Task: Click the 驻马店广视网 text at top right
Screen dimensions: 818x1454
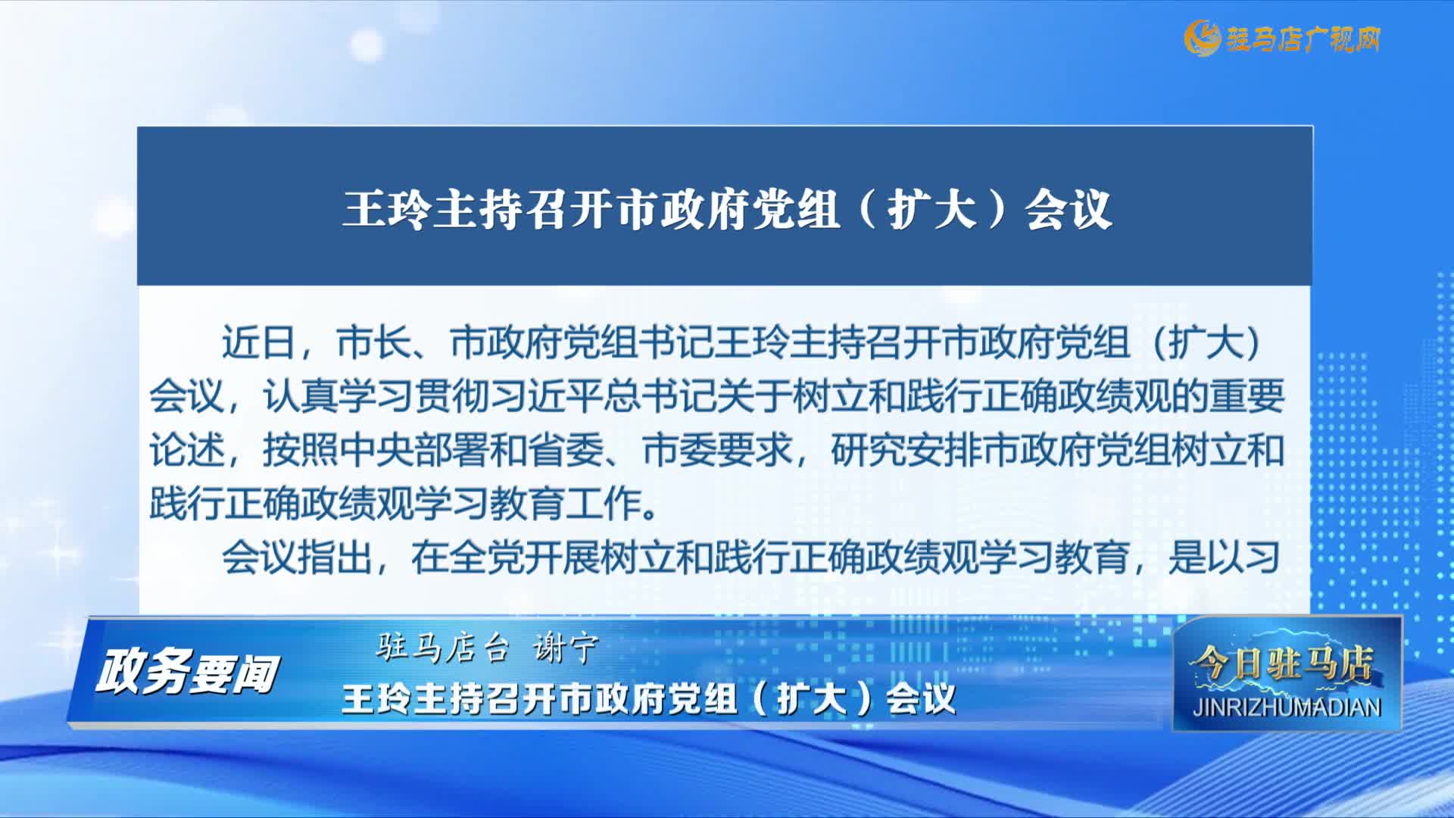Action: click(x=1303, y=39)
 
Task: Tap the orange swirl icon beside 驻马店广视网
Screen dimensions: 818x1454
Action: click(x=1202, y=38)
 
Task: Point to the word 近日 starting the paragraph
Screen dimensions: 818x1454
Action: click(x=258, y=342)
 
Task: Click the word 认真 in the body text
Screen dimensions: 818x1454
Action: click(x=300, y=396)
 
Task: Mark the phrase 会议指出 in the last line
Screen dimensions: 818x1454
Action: click(x=296, y=558)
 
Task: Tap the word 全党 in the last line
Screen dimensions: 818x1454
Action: click(x=485, y=558)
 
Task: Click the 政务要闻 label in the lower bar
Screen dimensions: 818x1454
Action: click(x=186, y=673)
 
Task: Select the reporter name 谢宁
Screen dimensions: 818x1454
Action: click(x=565, y=648)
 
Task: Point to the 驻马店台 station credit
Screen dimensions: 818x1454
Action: click(x=442, y=648)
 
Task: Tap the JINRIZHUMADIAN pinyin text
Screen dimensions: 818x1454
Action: click(x=1287, y=707)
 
